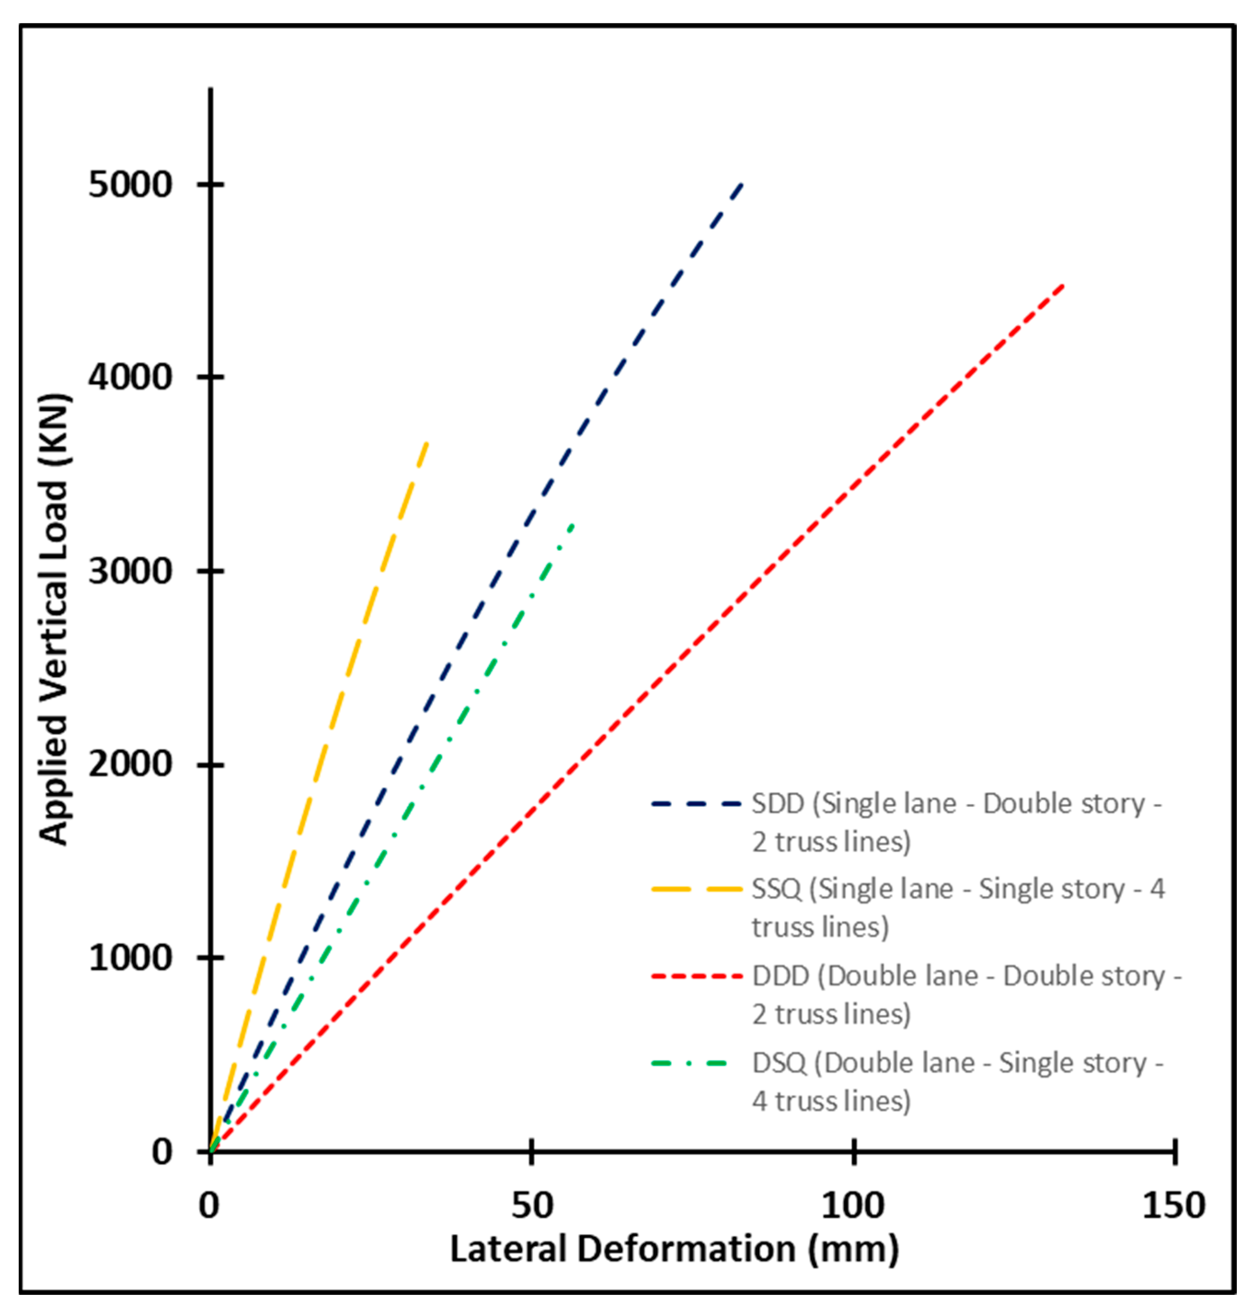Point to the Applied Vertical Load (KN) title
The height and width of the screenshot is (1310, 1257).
click(x=53, y=618)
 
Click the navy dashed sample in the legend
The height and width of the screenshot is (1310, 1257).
click(x=696, y=804)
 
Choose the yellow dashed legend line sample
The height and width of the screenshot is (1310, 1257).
click(x=696, y=890)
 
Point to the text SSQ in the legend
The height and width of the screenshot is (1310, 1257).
click(x=776, y=890)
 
